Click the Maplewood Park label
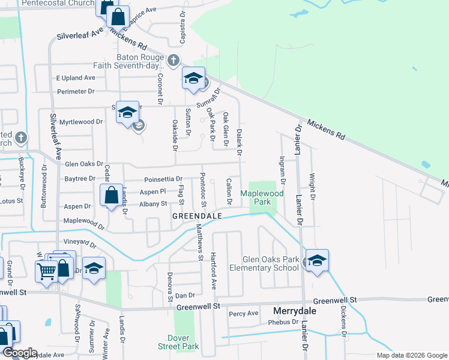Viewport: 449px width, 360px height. pyautogui.click(x=262, y=197)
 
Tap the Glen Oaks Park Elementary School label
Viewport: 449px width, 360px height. pyautogui.click(x=270, y=263)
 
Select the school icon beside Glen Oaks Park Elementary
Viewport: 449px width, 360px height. pyautogui.click(x=317, y=260)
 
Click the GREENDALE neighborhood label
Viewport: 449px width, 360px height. pyautogui.click(x=197, y=215)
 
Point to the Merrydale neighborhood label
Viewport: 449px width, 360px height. pyautogui.click(x=294, y=311)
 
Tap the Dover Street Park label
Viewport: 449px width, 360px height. pyautogui.click(x=182, y=342)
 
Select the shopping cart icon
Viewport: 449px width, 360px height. pyautogui.click(x=47, y=271)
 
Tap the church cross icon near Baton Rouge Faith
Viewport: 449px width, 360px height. pyautogui.click(x=173, y=60)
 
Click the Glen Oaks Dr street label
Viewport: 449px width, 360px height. pyautogui.click(x=84, y=164)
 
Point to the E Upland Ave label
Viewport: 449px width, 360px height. pyautogui.click(x=76, y=78)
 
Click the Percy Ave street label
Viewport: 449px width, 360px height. pyautogui.click(x=244, y=313)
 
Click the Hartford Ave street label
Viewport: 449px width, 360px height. pyautogui.click(x=213, y=271)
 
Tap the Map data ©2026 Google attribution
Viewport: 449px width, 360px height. pyautogui.click(x=411, y=355)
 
